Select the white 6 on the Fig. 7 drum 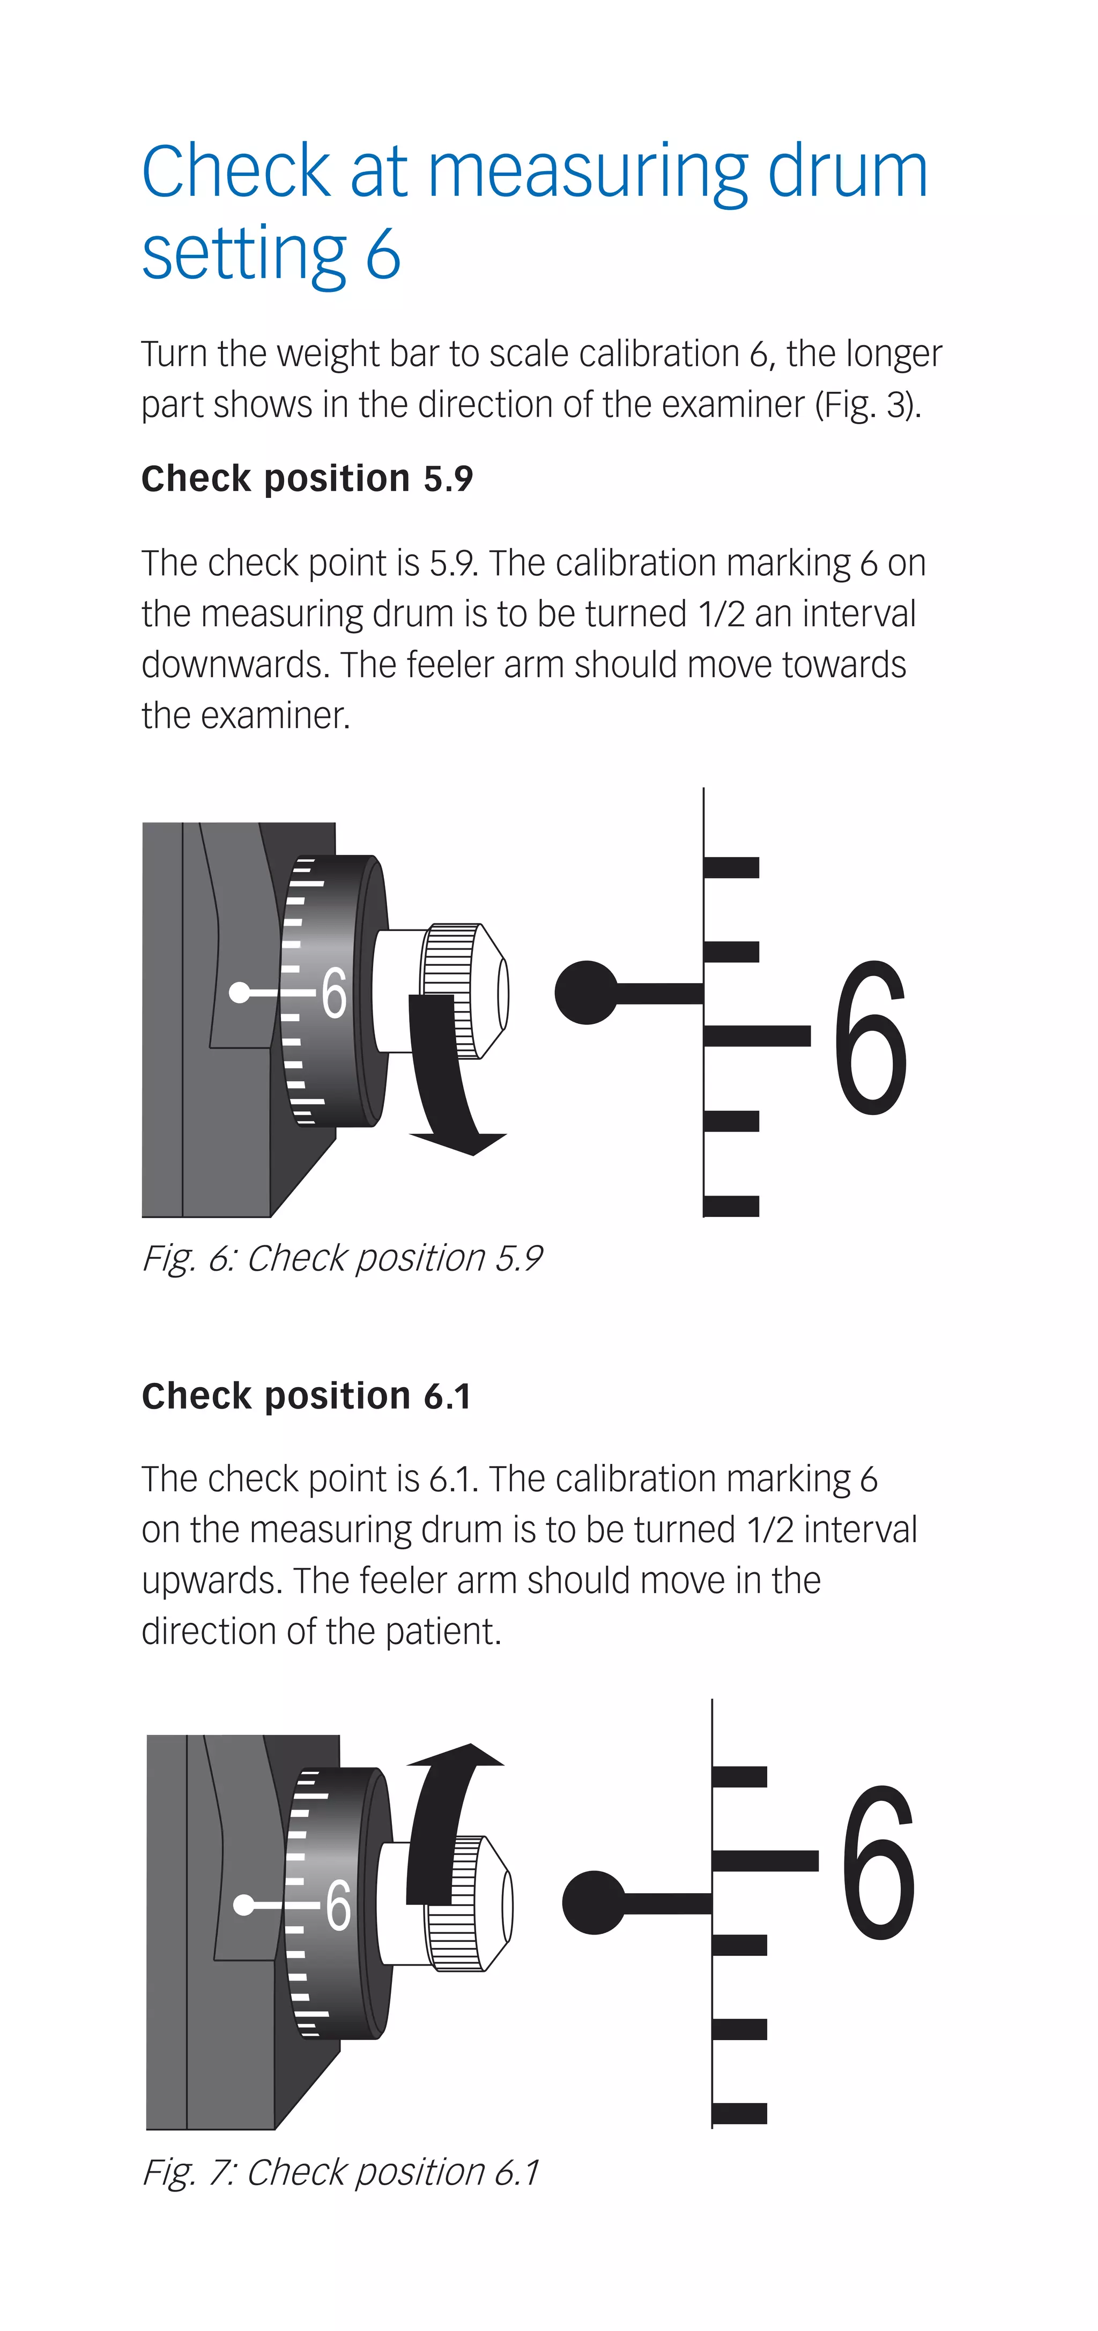[x=337, y=1905]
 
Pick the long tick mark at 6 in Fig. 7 [x=765, y=1860]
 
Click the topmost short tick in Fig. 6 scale [x=731, y=868]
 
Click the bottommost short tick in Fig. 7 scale [x=739, y=2113]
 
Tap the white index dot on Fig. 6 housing [x=239, y=993]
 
